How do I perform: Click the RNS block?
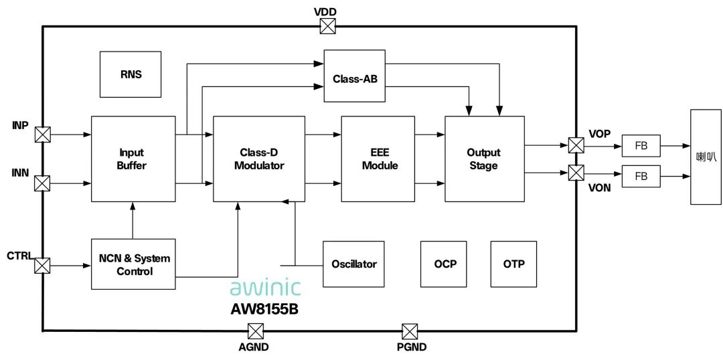point(131,74)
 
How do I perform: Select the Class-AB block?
point(355,76)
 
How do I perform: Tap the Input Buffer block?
point(133,159)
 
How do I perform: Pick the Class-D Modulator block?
point(259,159)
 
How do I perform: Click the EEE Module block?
point(378,159)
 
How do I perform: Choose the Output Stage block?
point(485,159)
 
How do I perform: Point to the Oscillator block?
point(354,264)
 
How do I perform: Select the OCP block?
point(444,264)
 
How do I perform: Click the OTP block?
point(513,264)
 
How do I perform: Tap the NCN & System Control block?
point(133,264)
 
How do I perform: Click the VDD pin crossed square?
point(328,26)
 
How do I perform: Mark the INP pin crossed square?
point(42,134)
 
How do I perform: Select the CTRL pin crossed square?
point(42,266)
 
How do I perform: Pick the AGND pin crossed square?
point(256,331)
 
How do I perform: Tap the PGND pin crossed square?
point(410,331)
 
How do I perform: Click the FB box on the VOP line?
point(641,146)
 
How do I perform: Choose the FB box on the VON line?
point(641,175)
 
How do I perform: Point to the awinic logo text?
point(265,286)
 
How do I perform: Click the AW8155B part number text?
point(264,309)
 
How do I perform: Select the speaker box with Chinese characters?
point(706,157)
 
